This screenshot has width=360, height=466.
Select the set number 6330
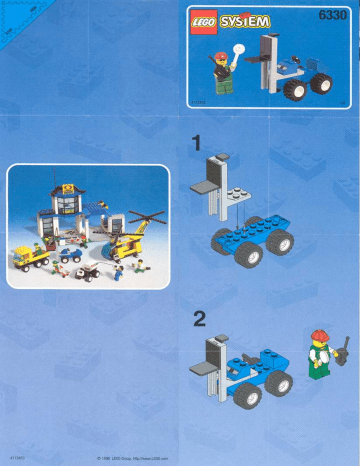(x=331, y=15)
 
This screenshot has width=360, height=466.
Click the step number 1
(x=197, y=143)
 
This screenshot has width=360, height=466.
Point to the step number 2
(x=199, y=319)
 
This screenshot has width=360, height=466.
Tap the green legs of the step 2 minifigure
(x=320, y=369)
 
